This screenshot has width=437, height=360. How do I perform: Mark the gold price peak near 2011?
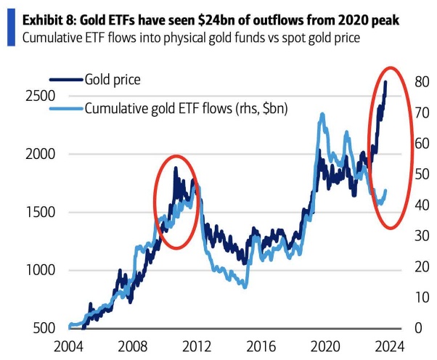(175, 168)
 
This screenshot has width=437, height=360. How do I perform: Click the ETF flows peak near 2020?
(320, 114)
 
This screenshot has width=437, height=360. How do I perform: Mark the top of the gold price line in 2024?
(385, 82)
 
